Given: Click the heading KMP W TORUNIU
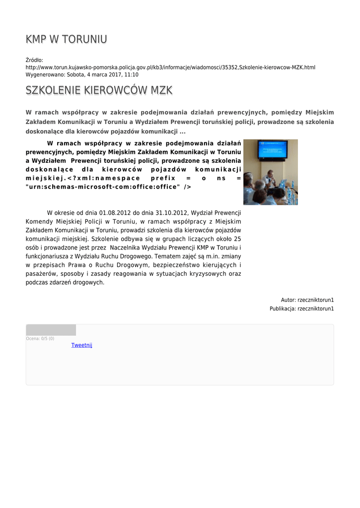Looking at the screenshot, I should click(x=66, y=39).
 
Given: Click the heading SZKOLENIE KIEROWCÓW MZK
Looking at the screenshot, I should click(x=99, y=90).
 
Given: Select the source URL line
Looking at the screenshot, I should click(x=170, y=67).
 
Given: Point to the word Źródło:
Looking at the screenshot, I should click(x=34, y=61).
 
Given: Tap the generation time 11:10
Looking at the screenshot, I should click(x=132, y=74).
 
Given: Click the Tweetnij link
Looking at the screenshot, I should click(x=82, y=345).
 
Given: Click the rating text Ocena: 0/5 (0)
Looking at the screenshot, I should click(x=40, y=339).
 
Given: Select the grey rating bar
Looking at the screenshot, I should click(x=51, y=330).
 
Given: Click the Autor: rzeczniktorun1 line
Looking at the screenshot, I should click(x=307, y=300).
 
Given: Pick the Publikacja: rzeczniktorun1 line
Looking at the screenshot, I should click(x=301, y=309).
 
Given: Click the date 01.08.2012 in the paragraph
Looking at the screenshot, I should click(x=115, y=213).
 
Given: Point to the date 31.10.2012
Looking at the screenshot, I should click(x=172, y=213).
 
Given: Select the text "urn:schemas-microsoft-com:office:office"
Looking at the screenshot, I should click(x=102, y=187).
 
